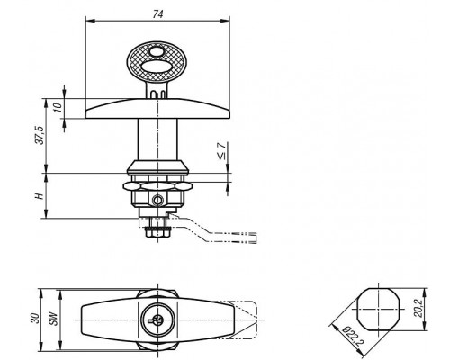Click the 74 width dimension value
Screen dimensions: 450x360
click(157, 14)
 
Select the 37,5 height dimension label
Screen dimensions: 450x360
click(40, 135)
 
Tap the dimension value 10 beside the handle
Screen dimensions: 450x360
click(58, 107)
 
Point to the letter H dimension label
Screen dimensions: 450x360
click(40, 196)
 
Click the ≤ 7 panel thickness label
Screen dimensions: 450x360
click(221, 151)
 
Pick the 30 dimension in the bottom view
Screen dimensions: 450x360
click(35, 319)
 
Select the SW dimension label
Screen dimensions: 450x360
click(54, 319)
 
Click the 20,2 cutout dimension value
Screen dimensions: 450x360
click(418, 308)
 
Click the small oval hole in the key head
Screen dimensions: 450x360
click(156, 51)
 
